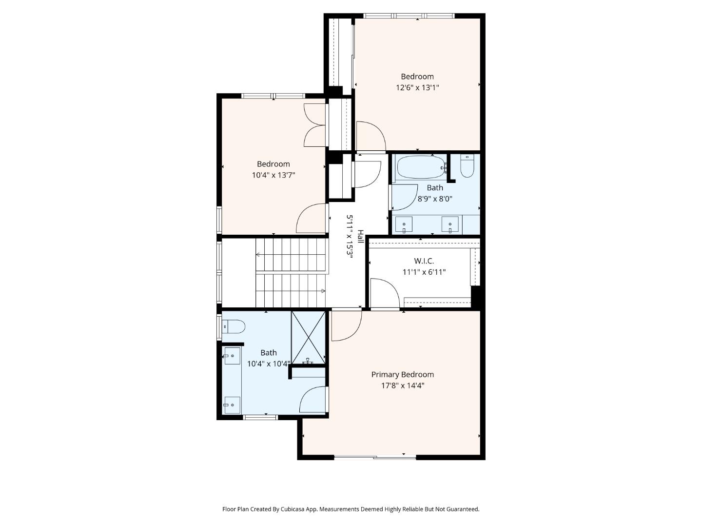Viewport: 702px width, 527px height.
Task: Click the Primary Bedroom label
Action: click(402, 374)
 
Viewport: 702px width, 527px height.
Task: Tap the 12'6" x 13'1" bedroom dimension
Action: click(417, 87)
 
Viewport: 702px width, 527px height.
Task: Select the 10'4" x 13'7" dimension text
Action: click(273, 175)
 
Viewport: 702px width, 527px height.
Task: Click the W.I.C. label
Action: click(424, 261)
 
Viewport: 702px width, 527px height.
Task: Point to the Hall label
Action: click(360, 237)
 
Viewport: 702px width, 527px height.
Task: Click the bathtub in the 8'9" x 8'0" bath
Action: click(422, 167)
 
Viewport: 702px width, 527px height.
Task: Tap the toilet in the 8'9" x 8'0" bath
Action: click(467, 166)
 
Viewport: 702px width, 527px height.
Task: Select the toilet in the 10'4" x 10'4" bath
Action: click(234, 327)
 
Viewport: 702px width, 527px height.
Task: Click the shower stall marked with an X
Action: click(308, 337)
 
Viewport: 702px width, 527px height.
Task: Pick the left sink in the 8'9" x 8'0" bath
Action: click(404, 224)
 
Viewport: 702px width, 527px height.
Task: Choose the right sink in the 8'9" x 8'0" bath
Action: click(450, 224)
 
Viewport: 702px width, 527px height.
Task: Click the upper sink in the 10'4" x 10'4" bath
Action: click(232, 356)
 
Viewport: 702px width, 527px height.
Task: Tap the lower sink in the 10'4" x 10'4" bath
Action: click(232, 405)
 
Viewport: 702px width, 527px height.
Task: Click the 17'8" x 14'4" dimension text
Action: click(402, 385)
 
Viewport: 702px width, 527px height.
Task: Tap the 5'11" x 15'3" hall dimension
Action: click(350, 237)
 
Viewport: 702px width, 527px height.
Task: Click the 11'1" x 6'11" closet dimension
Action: click(424, 272)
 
